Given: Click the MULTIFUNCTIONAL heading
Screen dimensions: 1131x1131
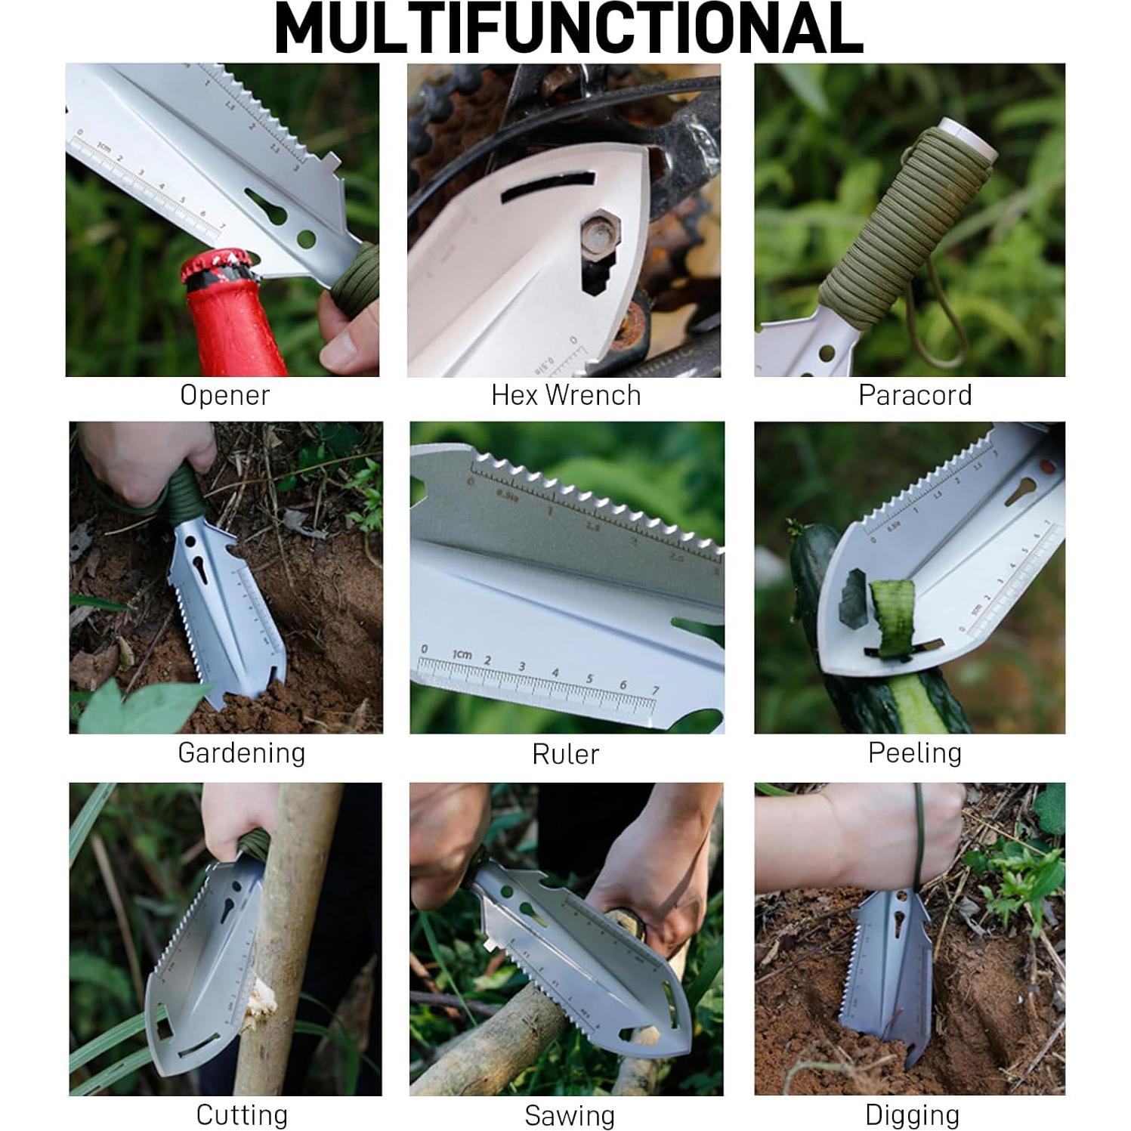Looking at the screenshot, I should click(568, 29).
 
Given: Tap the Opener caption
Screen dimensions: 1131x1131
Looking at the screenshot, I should click(224, 395).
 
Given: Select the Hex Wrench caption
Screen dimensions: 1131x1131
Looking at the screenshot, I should click(566, 395).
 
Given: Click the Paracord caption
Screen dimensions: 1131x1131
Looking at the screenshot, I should click(915, 395).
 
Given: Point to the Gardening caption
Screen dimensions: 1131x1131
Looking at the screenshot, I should click(242, 752).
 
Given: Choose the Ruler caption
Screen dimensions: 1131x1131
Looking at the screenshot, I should click(566, 754).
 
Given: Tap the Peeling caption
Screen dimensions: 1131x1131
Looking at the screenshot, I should click(915, 752).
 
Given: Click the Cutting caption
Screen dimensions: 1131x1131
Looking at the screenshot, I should click(242, 1115).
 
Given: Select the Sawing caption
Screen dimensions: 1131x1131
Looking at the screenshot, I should click(570, 1116).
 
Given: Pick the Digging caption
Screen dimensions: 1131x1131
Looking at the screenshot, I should click(912, 1115).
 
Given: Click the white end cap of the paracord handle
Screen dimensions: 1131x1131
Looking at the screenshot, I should click(969, 138).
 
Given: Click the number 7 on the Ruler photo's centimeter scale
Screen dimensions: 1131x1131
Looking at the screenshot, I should click(655, 691).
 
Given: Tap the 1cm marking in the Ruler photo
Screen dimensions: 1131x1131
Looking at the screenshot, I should click(461, 654).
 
